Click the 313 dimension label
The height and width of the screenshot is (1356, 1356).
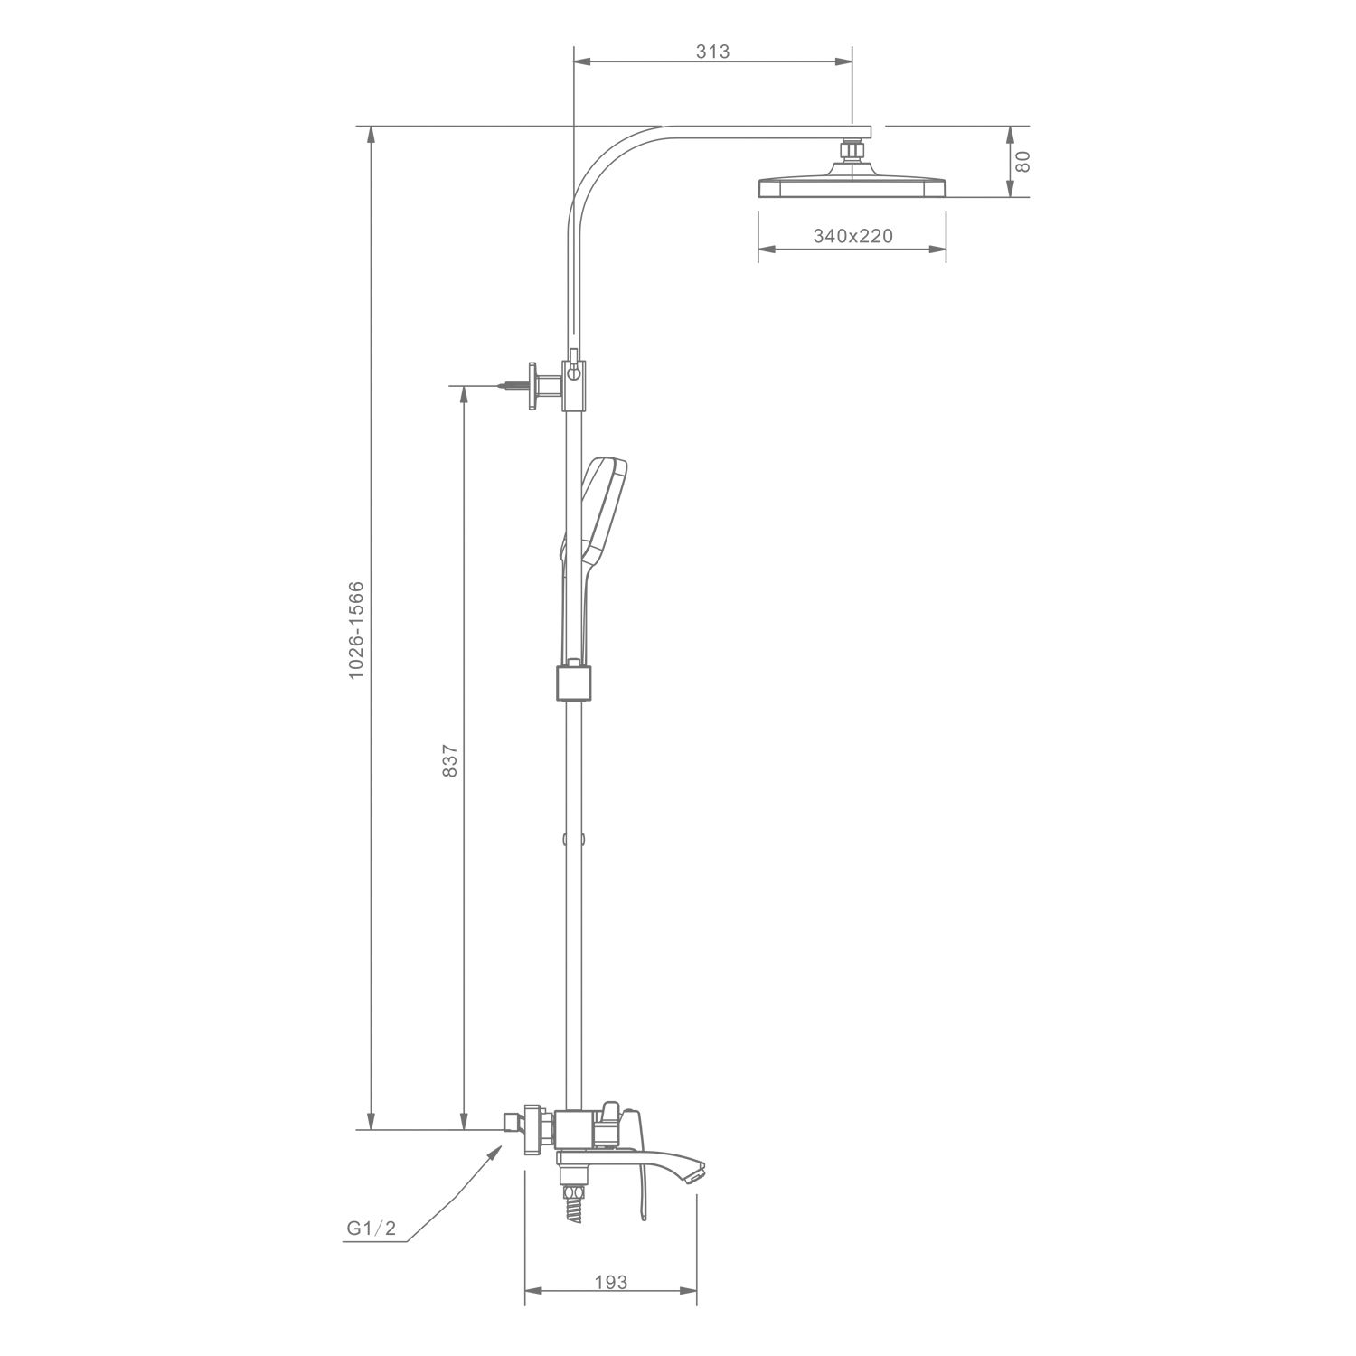pos(712,52)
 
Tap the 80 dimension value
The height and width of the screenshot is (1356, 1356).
pos(1023,162)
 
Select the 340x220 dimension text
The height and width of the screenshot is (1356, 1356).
pos(852,236)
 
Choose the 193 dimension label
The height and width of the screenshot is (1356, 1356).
pos(610,1282)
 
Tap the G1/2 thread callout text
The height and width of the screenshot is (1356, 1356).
pos(372,1229)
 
